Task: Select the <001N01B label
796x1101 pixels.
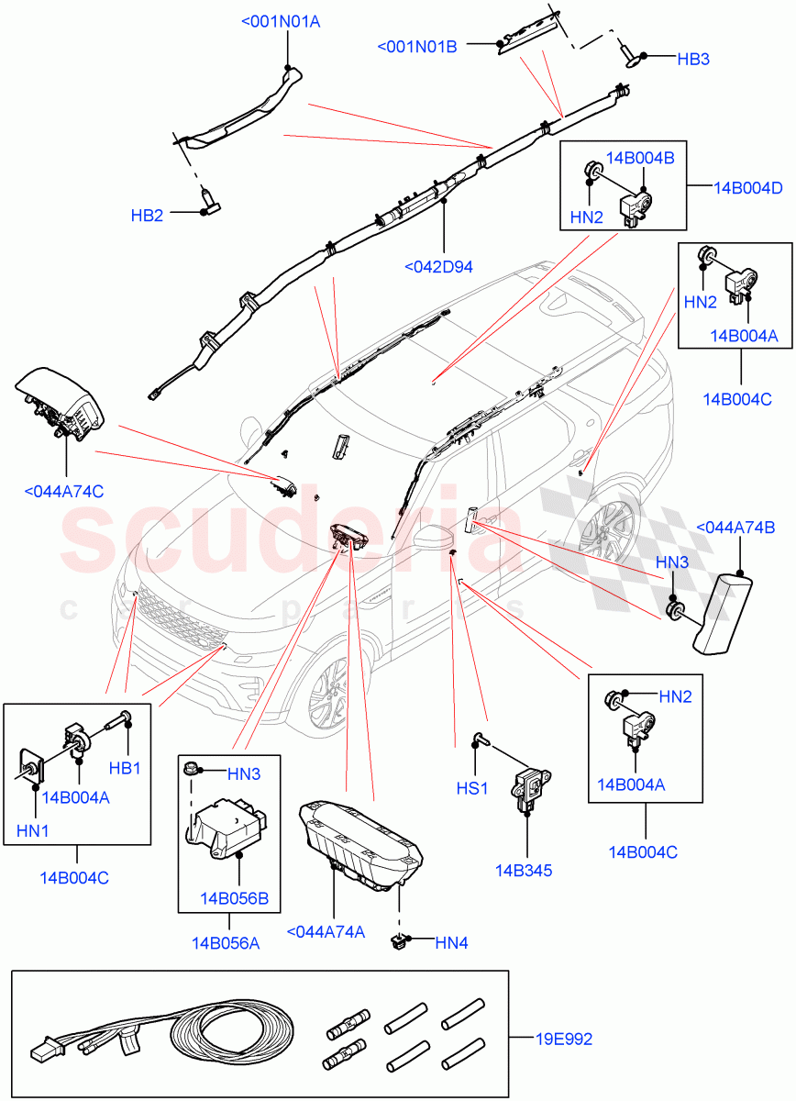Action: point(416,46)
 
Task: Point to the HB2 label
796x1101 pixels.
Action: point(147,216)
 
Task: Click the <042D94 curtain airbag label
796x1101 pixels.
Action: point(438,268)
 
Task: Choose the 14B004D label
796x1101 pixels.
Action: point(748,188)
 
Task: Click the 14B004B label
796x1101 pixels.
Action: point(640,158)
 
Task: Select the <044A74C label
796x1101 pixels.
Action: point(63,491)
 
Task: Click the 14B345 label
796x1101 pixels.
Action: point(525,871)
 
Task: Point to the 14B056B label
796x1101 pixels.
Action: point(234,897)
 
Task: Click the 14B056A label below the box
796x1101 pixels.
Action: point(226,941)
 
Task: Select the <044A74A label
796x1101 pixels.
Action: point(326,932)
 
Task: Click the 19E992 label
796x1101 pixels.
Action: point(564,1040)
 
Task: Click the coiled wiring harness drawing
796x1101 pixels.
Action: point(165,1035)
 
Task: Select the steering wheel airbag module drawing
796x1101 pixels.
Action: point(62,400)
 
